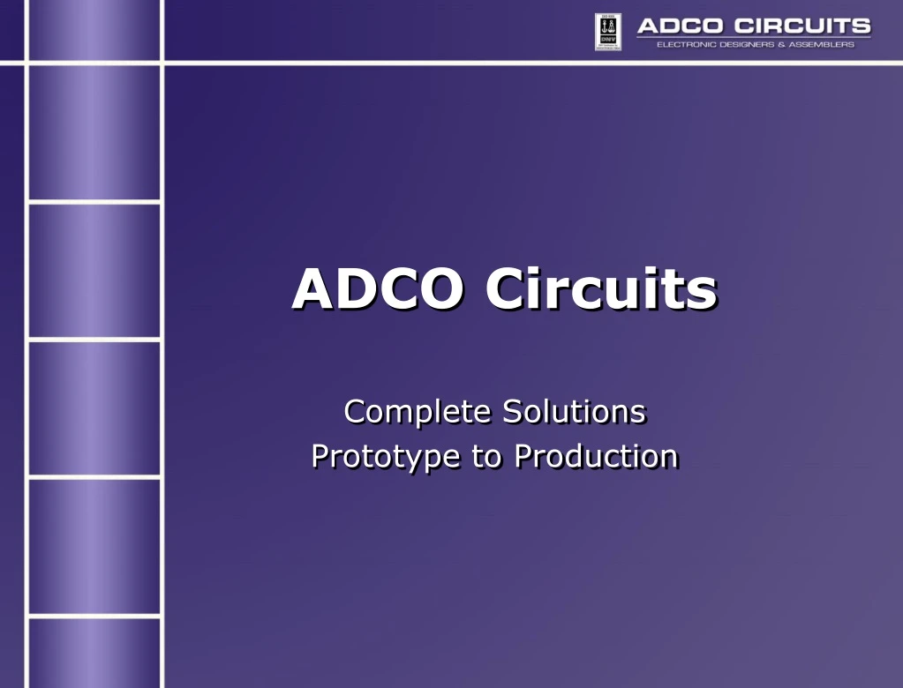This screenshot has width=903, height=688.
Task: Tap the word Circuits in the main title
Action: point(600,288)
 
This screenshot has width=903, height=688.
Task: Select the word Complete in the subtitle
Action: point(418,412)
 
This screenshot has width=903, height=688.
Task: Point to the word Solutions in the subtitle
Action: point(574,411)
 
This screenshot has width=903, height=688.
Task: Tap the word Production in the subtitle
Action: point(596,456)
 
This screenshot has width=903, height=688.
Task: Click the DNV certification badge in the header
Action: point(608,32)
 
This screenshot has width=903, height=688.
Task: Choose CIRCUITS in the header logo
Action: point(802,26)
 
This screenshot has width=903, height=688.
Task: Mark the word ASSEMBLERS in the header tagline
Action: point(821,45)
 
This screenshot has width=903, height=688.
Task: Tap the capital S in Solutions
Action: point(512,411)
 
